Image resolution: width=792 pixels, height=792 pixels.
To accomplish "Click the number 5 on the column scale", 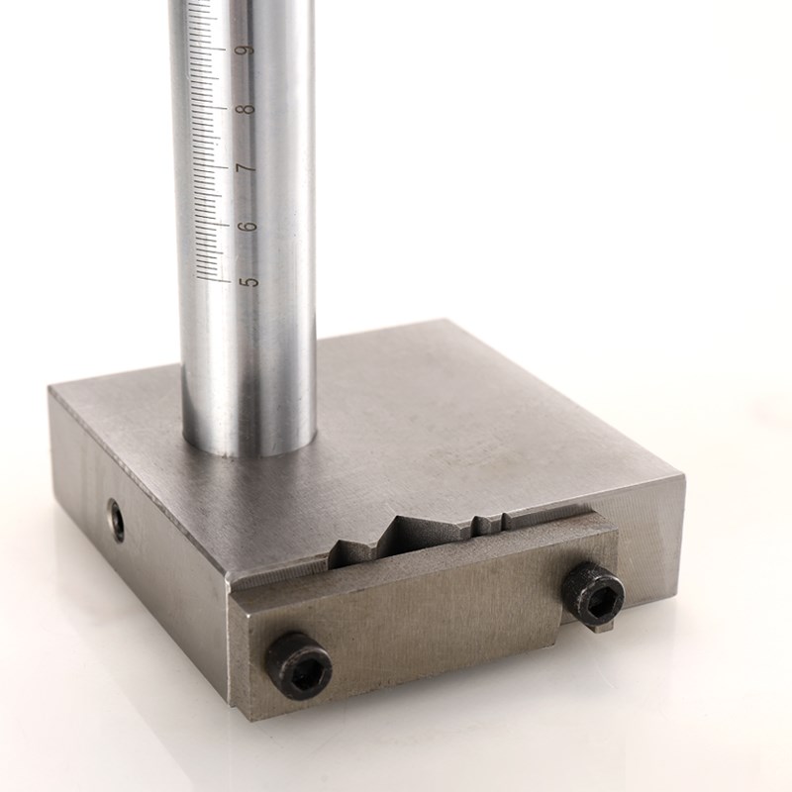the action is (249, 281).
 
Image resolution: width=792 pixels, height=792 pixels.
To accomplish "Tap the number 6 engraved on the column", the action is (248, 226).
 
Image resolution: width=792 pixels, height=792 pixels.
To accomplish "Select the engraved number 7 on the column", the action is (247, 167).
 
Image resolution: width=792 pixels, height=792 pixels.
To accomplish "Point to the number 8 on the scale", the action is (247, 108).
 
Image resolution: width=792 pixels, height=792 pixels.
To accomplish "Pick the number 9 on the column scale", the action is (247, 50).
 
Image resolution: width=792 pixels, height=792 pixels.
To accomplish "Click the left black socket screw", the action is (299, 666).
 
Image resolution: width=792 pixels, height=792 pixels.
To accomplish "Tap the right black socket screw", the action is (593, 590).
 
